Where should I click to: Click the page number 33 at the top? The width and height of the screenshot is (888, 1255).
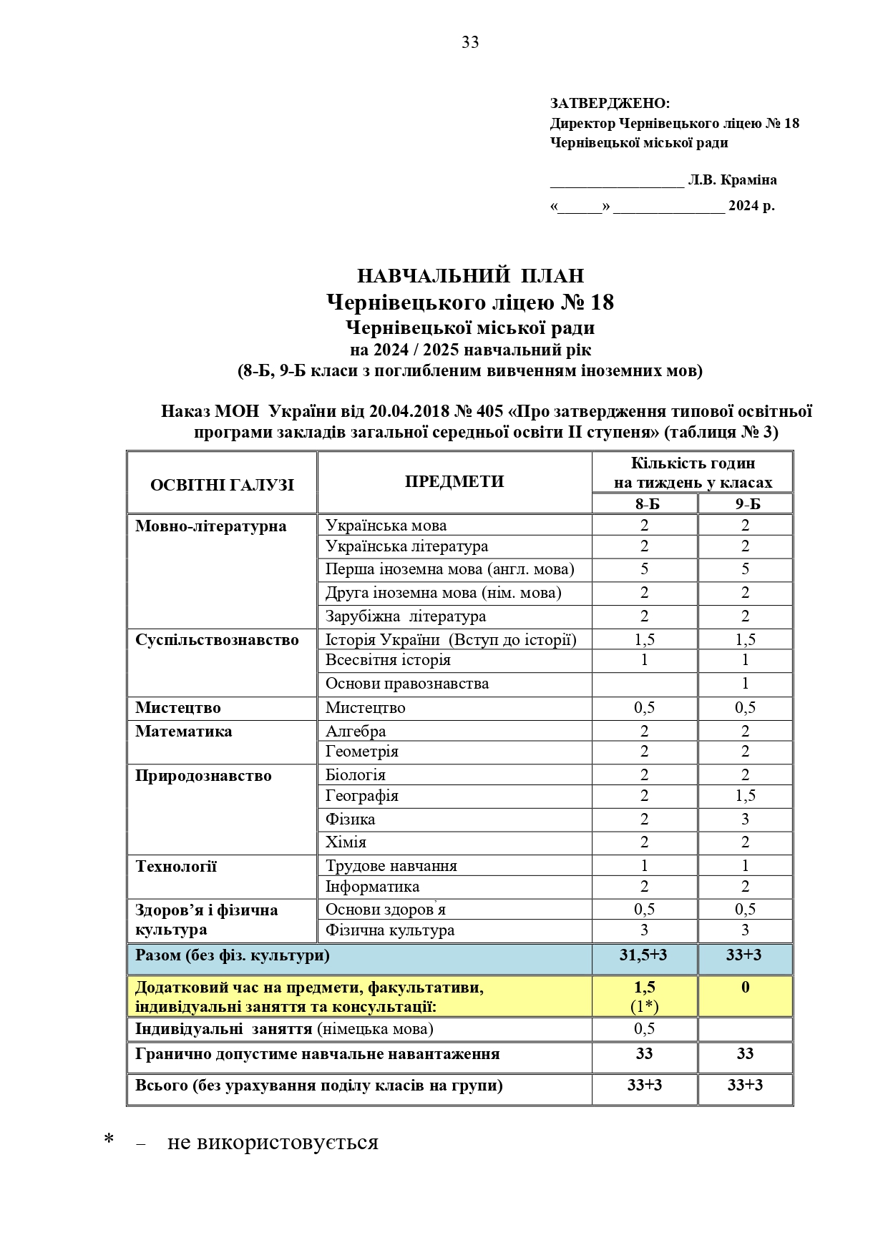click(x=470, y=43)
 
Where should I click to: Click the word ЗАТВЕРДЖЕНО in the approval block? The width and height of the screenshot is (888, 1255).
click(x=609, y=104)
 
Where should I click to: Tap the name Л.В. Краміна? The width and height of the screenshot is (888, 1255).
click(x=732, y=180)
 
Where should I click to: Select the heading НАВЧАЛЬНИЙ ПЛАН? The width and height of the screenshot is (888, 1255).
click(x=470, y=276)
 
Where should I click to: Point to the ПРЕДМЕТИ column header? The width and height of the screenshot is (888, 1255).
click(x=454, y=481)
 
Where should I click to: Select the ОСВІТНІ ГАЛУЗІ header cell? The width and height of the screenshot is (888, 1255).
click(x=222, y=485)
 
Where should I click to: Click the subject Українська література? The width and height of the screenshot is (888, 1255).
click(x=406, y=546)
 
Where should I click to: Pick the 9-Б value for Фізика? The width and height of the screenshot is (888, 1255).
click(x=745, y=819)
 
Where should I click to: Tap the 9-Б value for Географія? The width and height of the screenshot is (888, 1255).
click(x=745, y=796)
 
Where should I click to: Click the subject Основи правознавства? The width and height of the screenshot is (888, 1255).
click(x=406, y=684)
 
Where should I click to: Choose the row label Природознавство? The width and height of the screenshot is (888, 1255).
click(x=203, y=776)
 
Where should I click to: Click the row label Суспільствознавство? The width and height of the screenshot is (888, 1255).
click(x=217, y=640)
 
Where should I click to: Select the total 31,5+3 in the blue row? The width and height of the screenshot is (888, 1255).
click(x=644, y=955)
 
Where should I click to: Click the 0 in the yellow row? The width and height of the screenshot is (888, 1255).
click(x=745, y=988)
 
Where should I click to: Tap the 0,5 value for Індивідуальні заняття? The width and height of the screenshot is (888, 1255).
click(x=644, y=1029)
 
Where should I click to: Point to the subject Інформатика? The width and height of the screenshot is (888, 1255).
click(x=372, y=887)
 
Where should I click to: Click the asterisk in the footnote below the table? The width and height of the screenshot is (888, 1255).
click(x=109, y=1141)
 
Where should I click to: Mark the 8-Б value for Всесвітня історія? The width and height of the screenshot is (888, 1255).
click(x=644, y=660)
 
